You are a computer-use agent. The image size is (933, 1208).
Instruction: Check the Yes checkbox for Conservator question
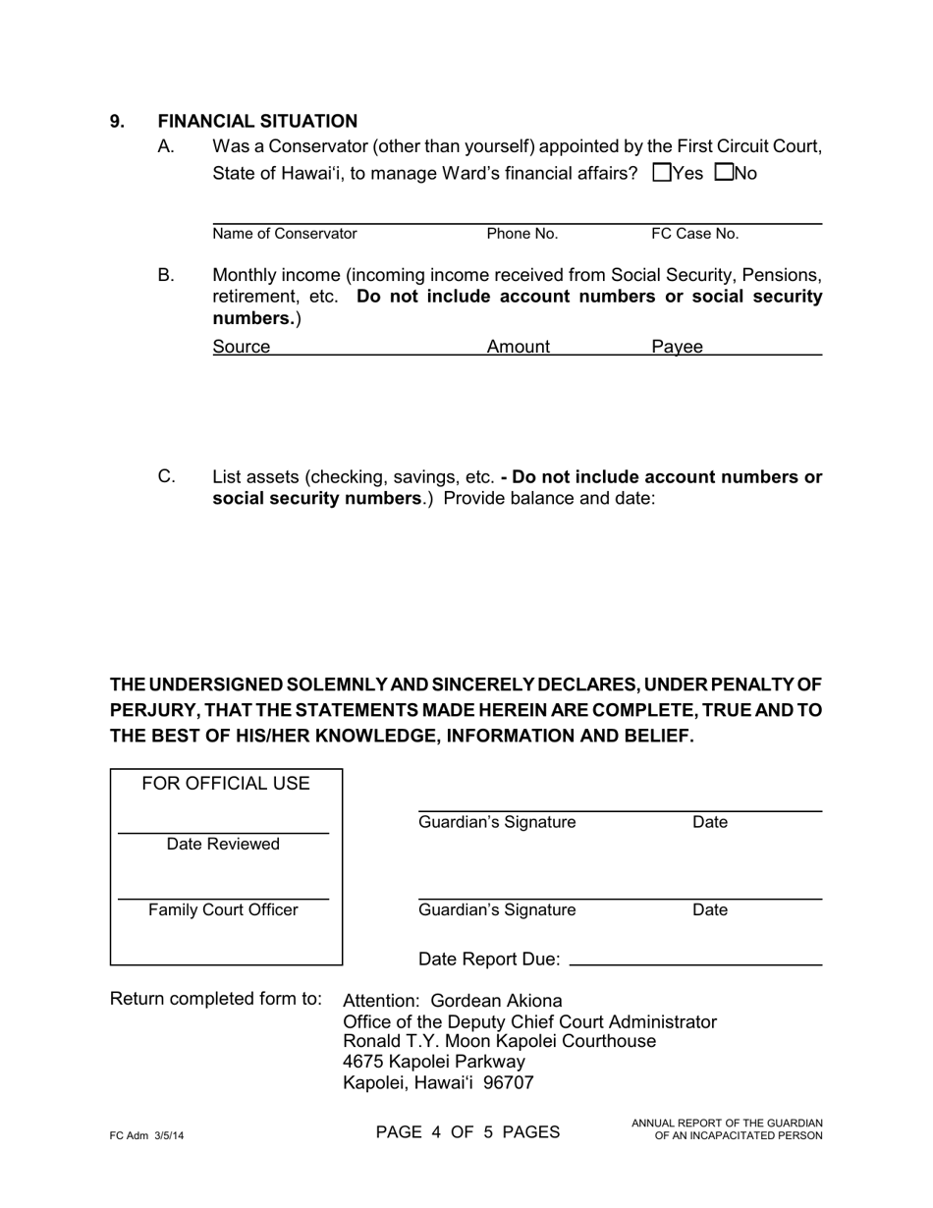(662, 173)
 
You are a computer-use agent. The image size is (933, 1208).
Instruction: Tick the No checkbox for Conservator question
(725, 173)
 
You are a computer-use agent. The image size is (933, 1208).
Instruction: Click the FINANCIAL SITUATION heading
(257, 121)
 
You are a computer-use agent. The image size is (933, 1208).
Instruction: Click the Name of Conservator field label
(285, 234)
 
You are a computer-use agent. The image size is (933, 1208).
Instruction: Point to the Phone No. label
(521, 234)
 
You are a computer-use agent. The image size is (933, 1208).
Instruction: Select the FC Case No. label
(694, 234)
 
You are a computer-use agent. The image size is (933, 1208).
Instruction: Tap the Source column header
(241, 346)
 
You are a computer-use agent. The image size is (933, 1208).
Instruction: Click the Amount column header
(519, 346)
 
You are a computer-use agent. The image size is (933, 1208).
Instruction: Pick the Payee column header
(677, 346)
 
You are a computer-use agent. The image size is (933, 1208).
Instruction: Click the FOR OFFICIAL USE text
(226, 783)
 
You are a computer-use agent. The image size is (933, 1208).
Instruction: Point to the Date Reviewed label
(223, 844)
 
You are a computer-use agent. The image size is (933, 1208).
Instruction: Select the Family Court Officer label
(223, 909)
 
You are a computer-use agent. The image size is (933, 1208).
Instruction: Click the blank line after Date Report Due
(695, 963)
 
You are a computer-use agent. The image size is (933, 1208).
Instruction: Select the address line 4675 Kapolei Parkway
(434, 1062)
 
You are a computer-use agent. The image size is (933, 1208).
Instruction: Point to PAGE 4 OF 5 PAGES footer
(467, 1131)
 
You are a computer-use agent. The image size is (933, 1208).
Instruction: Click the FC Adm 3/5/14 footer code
(146, 1135)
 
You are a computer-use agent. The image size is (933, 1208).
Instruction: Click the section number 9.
(117, 121)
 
